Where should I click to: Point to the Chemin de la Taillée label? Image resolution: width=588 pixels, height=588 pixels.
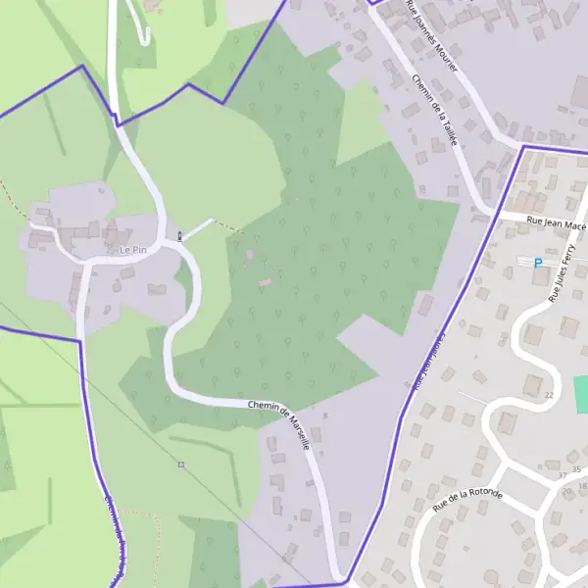click(x=436, y=113)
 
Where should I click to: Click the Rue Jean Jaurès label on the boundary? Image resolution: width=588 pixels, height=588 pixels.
click(x=429, y=363)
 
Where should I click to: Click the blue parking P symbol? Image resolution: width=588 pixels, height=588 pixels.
click(x=537, y=263)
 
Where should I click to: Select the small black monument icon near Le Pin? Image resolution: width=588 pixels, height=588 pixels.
click(x=179, y=235)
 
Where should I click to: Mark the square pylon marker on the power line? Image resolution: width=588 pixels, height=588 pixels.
click(x=180, y=464)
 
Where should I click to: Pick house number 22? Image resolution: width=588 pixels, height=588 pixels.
click(x=549, y=394)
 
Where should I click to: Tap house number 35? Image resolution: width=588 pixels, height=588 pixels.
click(x=576, y=470)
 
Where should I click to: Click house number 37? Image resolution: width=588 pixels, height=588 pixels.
click(x=562, y=475)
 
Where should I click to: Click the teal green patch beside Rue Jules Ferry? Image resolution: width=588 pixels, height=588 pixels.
click(x=580, y=388)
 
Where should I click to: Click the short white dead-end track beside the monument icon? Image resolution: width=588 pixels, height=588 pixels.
click(x=197, y=228)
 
